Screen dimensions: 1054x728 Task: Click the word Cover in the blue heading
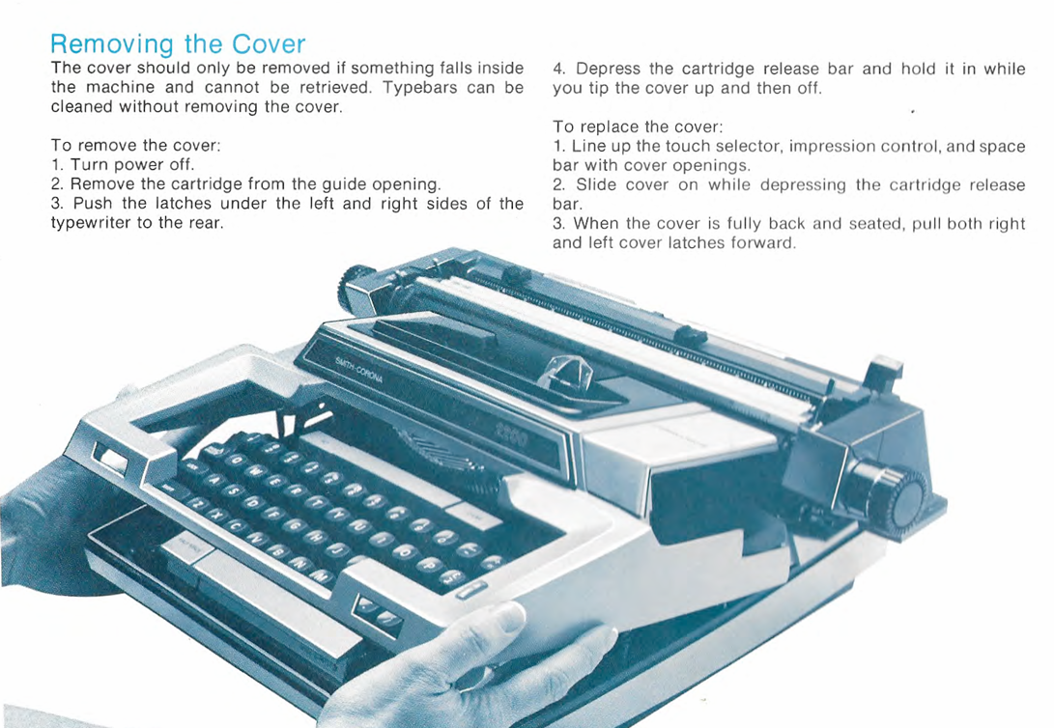pos(269,44)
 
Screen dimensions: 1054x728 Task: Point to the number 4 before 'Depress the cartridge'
pos(558,69)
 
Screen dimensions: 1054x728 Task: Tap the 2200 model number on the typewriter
pos(511,438)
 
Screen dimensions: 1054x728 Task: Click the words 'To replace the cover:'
pos(638,126)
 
